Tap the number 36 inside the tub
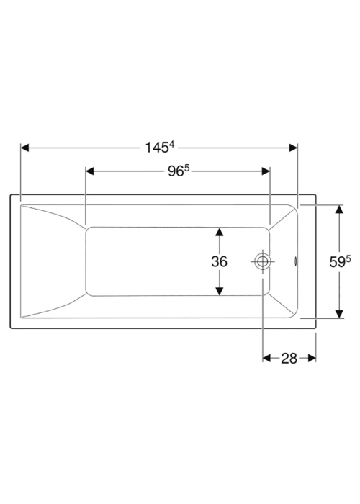(x=219, y=261)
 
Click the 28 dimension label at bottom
(x=289, y=358)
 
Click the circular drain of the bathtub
(x=263, y=261)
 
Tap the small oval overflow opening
(x=295, y=261)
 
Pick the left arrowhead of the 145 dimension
(x=24, y=148)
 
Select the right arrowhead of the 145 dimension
(x=294, y=148)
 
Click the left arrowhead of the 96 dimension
(x=90, y=171)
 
